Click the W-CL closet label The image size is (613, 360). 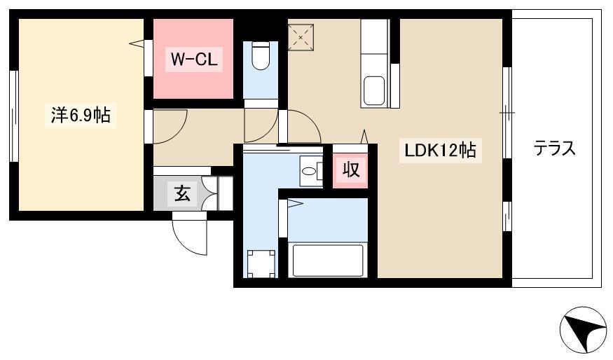click(x=194, y=60)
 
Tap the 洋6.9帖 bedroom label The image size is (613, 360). click(x=81, y=116)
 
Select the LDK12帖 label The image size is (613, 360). click(x=440, y=150)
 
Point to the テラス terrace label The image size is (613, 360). click(x=554, y=149)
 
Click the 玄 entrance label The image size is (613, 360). click(x=182, y=194)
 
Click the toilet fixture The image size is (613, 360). click(x=261, y=56)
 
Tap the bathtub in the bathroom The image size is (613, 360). click(x=328, y=260)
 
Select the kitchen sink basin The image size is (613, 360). click(x=374, y=90)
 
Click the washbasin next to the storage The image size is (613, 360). click(x=309, y=171)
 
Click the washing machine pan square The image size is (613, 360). click(x=261, y=264)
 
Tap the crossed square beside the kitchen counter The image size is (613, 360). click(x=301, y=38)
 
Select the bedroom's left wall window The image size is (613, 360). click(x=14, y=116)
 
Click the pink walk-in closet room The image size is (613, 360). click(x=193, y=59)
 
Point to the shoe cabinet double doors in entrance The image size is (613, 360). click(x=212, y=193)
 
